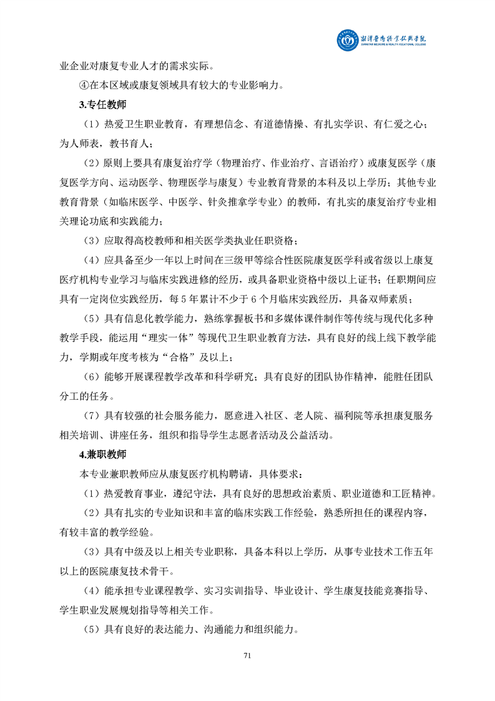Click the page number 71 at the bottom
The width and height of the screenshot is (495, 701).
pyautogui.click(x=247, y=655)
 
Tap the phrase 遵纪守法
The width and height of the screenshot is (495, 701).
pyautogui.click(x=191, y=494)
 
